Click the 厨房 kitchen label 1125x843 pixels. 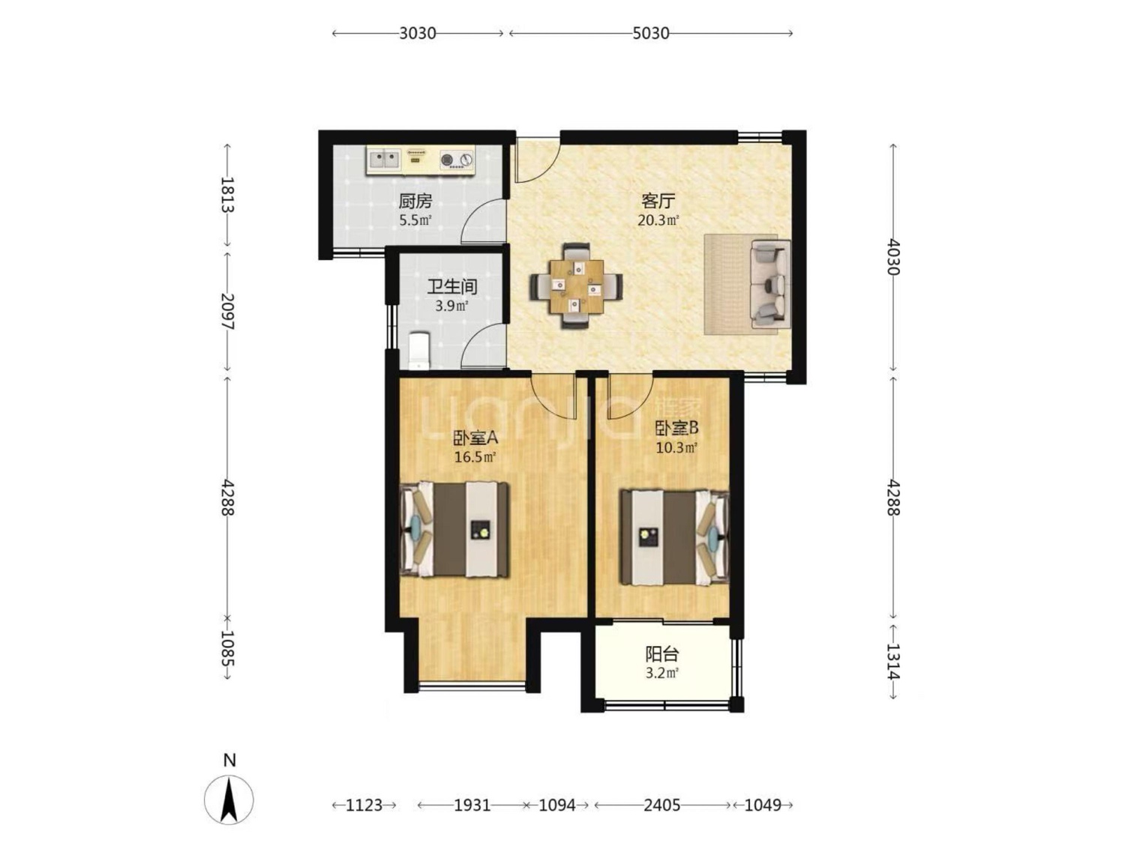[x=415, y=201]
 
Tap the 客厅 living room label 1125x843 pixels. [x=658, y=201]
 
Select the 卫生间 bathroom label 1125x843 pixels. [x=451, y=287]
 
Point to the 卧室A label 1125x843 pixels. [x=475, y=438]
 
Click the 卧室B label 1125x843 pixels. [x=676, y=428]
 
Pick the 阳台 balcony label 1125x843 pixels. [x=661, y=654]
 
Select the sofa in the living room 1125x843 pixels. [x=769, y=284]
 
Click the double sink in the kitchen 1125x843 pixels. [x=384, y=159]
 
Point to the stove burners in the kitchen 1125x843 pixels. [x=456, y=160]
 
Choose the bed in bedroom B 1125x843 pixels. [x=674, y=537]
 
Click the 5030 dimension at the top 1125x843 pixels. [x=650, y=33]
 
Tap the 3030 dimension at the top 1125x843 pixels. [x=418, y=33]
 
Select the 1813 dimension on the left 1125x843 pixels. [x=227, y=195]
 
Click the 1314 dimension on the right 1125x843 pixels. [x=893, y=661]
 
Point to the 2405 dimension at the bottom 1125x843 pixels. [x=661, y=805]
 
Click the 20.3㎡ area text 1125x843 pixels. [x=658, y=220]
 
